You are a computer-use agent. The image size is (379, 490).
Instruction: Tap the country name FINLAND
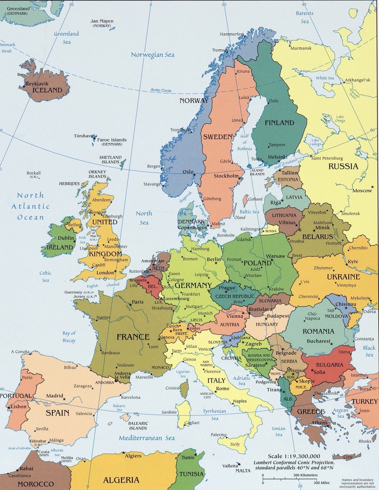click(279, 122)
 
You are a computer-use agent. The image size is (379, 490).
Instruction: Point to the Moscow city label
click(362, 191)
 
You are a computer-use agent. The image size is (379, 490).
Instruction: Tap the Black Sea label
click(369, 352)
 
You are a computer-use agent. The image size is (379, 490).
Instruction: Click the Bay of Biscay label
click(69, 337)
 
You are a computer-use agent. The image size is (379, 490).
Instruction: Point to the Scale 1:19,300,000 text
click(294, 456)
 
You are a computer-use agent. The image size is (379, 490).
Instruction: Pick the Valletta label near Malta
click(230, 465)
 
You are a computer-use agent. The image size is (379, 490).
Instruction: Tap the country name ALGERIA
click(121, 480)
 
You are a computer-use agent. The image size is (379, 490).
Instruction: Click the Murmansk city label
click(301, 48)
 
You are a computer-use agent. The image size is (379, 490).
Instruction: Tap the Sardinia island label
click(169, 412)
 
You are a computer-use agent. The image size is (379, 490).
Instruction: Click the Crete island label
click(348, 457)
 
